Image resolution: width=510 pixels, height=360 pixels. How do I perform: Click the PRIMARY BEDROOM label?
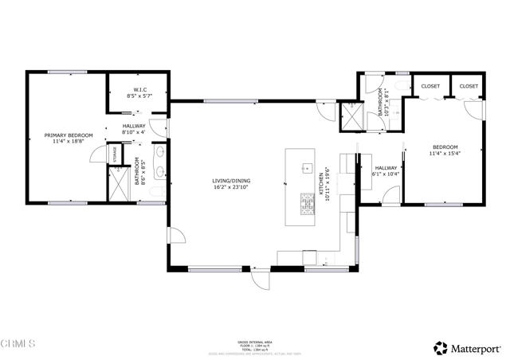click(x=68, y=140)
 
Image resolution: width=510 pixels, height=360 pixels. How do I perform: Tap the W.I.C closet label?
click(x=137, y=92)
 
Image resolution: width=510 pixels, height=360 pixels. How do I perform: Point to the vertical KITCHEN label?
click(x=322, y=185)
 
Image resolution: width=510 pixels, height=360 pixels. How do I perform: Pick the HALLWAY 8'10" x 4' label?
click(x=134, y=130)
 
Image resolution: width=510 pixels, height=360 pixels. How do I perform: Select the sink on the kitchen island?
click(x=305, y=168)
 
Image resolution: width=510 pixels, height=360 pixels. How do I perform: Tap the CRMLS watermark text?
click(x=18, y=344)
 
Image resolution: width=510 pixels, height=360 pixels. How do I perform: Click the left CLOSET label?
click(x=431, y=85)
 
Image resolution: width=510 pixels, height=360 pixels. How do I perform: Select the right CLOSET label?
click(x=469, y=85)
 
